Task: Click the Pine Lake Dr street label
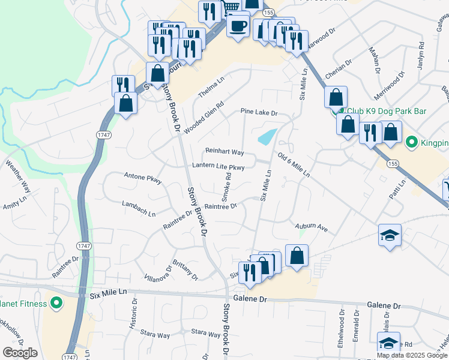[259, 112]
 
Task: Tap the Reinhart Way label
[224, 152]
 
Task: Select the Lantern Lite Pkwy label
[218, 166]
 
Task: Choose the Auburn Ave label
[311, 228]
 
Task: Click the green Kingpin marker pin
[412, 142]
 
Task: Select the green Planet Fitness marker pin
[56, 303]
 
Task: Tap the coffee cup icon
[238, 27]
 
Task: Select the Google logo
[20, 353]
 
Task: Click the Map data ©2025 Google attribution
[412, 355]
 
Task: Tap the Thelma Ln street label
[211, 89]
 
